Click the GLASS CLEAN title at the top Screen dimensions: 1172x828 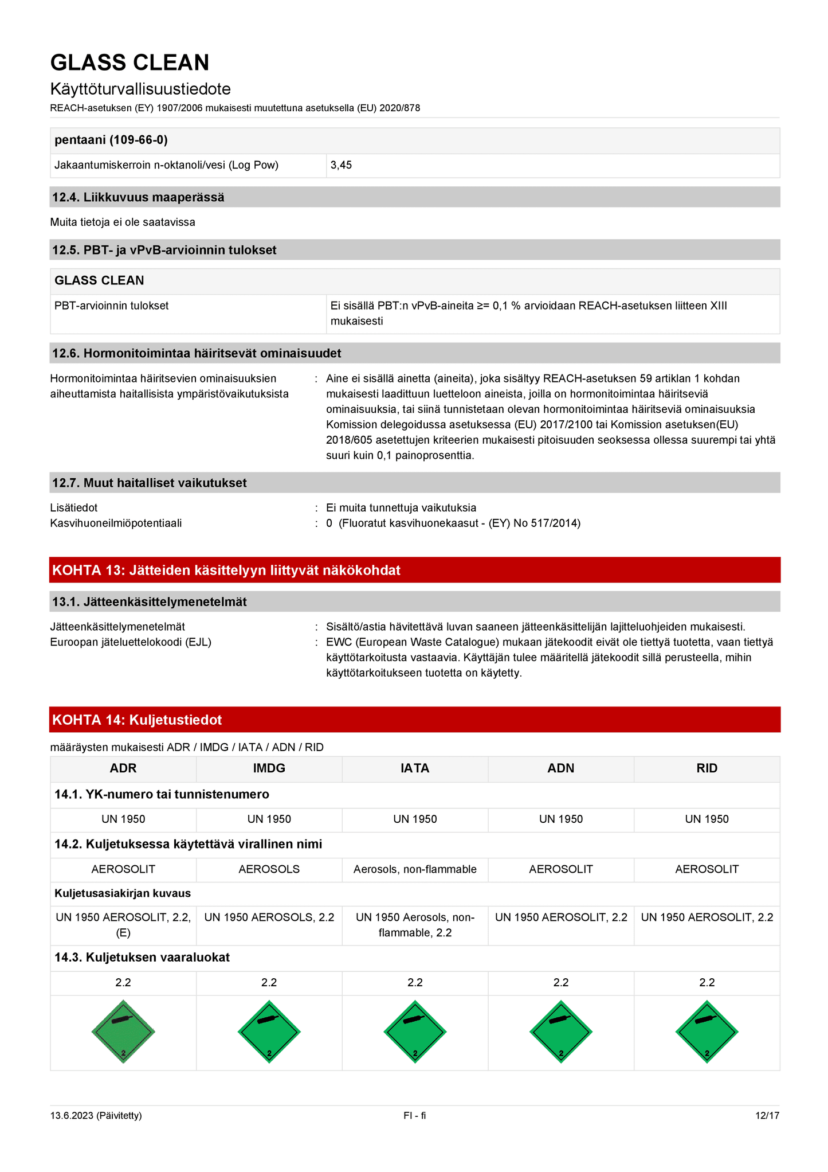[130, 62]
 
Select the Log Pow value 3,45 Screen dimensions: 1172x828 [341, 165]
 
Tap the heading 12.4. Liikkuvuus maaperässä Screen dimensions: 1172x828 [138, 197]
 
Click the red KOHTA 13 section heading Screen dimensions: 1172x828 [226, 570]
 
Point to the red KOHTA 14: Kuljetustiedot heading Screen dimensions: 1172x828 [137, 720]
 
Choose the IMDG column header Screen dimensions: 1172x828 [269, 768]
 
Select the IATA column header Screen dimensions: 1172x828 [415, 768]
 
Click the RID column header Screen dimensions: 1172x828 [707, 768]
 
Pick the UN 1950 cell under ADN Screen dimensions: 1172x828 [560, 819]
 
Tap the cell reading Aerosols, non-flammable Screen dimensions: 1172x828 [415, 869]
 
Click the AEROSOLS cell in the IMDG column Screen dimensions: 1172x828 [269, 869]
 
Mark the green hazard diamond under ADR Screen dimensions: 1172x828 [123, 1032]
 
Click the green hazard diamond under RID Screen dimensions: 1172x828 [707, 1032]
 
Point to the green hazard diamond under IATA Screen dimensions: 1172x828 [415, 1032]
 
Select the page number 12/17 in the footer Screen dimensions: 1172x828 [767, 1115]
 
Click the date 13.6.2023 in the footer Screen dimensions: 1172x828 [96, 1115]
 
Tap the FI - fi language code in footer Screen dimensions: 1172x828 [414, 1115]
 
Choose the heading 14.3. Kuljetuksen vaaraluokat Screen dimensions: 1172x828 [142, 957]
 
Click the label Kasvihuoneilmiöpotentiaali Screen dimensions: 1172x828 [116, 523]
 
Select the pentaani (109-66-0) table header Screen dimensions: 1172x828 [111, 140]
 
